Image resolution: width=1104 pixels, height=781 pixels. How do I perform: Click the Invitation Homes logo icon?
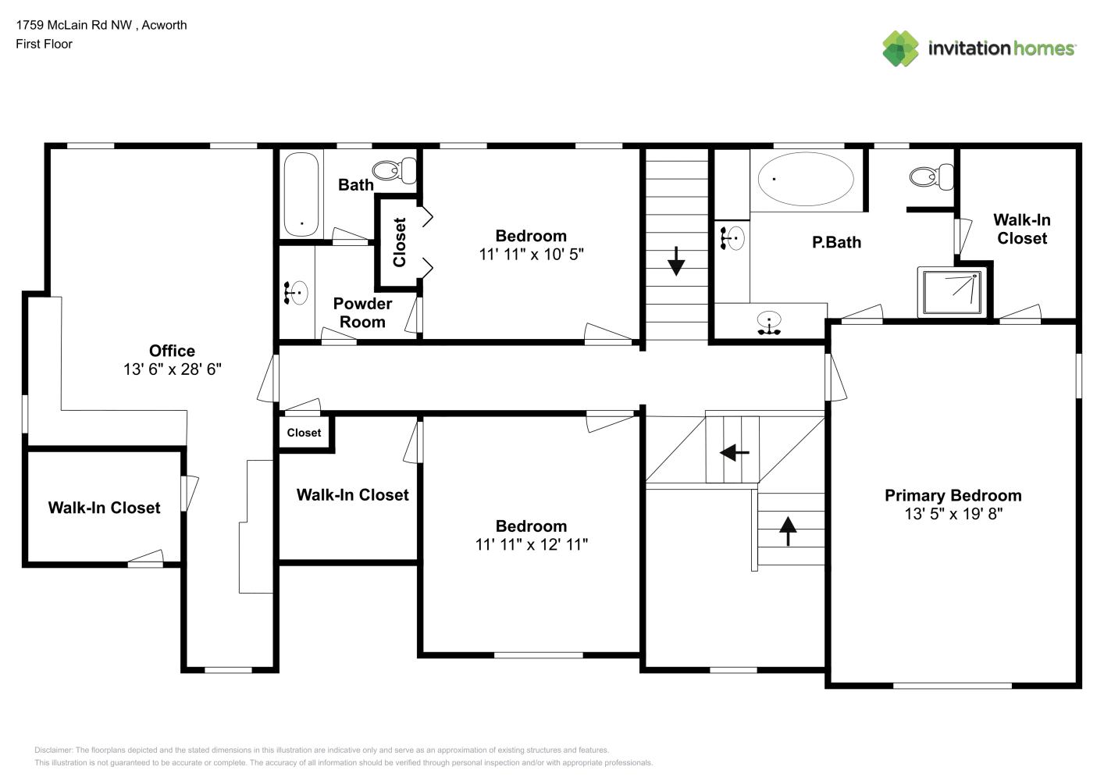click(x=900, y=48)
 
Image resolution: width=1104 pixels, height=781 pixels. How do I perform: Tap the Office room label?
click(x=172, y=351)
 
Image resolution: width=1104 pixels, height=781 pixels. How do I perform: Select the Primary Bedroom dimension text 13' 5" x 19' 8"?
click(x=953, y=514)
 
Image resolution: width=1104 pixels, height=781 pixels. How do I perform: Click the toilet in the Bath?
click(x=394, y=170)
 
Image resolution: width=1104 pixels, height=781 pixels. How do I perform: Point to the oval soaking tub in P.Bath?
click(x=805, y=179)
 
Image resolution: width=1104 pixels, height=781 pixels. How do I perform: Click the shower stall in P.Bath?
click(x=952, y=292)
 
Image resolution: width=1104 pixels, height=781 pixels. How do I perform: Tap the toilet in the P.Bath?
click(x=931, y=176)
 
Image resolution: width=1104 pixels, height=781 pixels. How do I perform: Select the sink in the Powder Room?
click(x=296, y=293)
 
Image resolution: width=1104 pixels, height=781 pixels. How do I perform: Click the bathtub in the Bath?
click(x=301, y=194)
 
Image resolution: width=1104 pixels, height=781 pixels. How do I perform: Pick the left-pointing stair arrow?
click(x=735, y=452)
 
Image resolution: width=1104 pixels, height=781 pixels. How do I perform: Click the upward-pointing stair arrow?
click(x=788, y=530)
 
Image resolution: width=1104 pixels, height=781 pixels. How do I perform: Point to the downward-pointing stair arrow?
click(x=675, y=262)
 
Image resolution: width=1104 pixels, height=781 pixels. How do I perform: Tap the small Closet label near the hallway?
click(x=304, y=433)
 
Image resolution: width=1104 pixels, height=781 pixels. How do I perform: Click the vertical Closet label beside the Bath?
click(x=399, y=242)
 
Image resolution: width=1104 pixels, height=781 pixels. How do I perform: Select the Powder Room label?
click(x=363, y=312)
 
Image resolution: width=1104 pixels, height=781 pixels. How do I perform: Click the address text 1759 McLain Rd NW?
click(x=74, y=25)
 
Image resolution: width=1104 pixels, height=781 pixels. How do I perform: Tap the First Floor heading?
click(x=44, y=44)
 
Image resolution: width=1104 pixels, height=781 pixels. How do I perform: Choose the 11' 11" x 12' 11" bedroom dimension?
click(x=531, y=544)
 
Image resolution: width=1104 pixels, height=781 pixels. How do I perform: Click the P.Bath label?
click(x=836, y=242)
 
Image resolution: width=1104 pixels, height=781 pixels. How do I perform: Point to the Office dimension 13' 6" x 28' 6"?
click(x=172, y=369)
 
